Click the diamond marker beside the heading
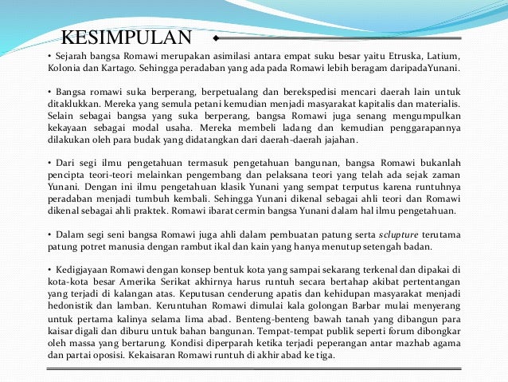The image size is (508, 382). [x=216, y=37]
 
